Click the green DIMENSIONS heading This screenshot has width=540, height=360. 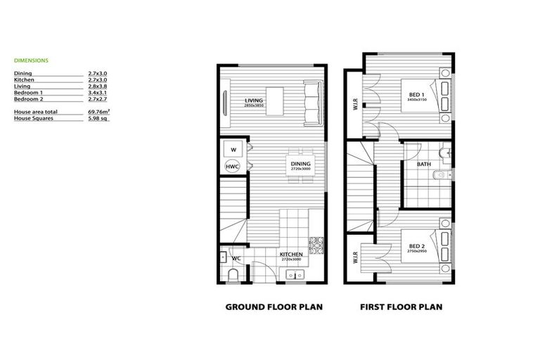click(31, 60)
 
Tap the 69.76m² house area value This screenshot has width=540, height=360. click(99, 112)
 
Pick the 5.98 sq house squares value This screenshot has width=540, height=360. click(98, 118)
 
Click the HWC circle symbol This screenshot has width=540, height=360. click(232, 166)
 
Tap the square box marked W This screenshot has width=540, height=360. click(232, 149)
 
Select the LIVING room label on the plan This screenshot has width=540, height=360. click(254, 101)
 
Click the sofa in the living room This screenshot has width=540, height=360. click(312, 102)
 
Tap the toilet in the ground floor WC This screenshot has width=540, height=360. click(233, 275)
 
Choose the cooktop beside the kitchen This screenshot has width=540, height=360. click(316, 244)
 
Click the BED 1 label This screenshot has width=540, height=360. click(416, 95)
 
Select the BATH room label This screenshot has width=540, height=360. click(424, 165)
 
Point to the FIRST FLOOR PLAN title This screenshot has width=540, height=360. click(401, 307)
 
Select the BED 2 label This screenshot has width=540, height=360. click(416, 246)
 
